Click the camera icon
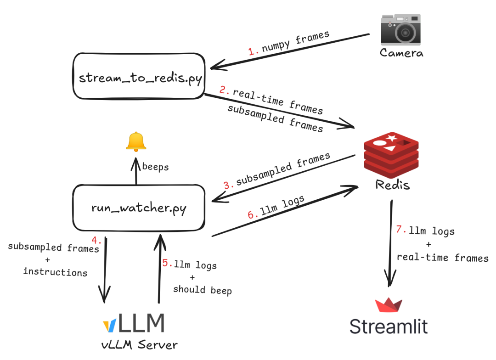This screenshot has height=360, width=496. (401, 29)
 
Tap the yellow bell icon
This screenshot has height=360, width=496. (136, 141)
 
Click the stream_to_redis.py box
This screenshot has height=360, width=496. (139, 76)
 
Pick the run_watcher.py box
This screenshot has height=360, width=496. (139, 208)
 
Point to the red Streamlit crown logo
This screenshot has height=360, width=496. (389, 304)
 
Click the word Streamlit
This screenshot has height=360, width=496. (389, 326)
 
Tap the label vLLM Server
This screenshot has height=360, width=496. (139, 344)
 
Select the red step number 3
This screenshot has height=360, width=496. (228, 185)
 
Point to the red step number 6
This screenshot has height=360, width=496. (252, 214)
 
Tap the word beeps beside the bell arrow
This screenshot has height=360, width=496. (155, 167)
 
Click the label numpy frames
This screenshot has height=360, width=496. (296, 41)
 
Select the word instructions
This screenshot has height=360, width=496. (56, 272)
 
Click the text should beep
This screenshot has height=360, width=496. (203, 289)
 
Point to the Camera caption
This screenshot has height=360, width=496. (401, 52)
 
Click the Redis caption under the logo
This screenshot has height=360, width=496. (392, 185)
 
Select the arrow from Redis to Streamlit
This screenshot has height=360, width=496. (391, 243)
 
